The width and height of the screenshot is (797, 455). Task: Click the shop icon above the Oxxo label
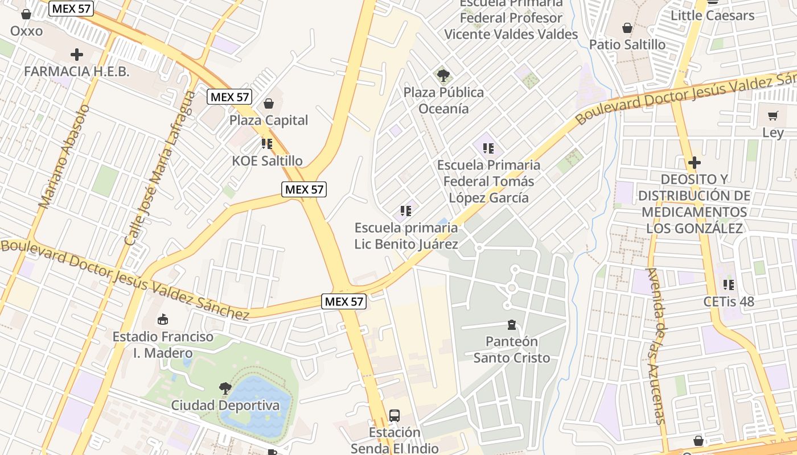pyautogui.click(x=26, y=14)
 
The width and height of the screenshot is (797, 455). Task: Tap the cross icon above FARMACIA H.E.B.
pyautogui.click(x=77, y=55)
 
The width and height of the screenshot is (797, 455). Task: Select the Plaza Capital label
pyautogui.click(x=269, y=120)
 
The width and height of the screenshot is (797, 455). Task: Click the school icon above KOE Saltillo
pyautogui.click(x=267, y=143)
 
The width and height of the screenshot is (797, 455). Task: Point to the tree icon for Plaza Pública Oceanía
pyautogui.click(x=443, y=75)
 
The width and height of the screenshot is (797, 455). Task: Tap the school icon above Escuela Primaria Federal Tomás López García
pyautogui.click(x=488, y=148)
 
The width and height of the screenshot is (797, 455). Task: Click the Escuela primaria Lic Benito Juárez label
pyautogui.click(x=406, y=236)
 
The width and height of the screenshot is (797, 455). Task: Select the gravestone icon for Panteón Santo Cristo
pyautogui.click(x=511, y=325)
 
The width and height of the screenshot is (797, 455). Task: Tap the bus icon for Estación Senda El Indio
pyautogui.click(x=394, y=416)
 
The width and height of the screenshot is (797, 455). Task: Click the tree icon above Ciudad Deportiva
pyautogui.click(x=225, y=388)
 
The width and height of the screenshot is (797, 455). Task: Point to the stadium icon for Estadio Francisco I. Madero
pyautogui.click(x=163, y=319)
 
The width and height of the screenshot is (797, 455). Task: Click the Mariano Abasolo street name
pyautogui.click(x=64, y=156)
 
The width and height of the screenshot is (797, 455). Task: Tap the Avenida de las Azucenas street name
pyautogui.click(x=656, y=346)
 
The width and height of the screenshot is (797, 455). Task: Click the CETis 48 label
pyautogui.click(x=729, y=301)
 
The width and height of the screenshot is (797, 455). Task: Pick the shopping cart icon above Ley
pyautogui.click(x=773, y=116)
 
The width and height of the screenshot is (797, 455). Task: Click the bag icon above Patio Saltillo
pyautogui.click(x=627, y=28)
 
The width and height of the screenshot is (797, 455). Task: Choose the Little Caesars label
pyautogui.click(x=712, y=15)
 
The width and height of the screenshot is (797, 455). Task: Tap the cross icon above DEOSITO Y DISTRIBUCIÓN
pyautogui.click(x=694, y=163)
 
